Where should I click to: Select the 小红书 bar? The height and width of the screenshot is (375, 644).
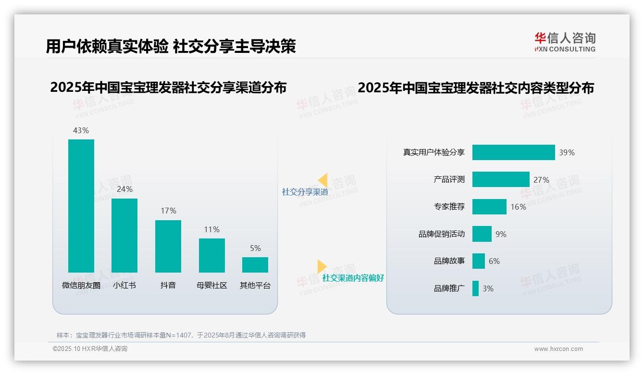click(124, 236)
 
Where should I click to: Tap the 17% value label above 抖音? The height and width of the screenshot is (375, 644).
click(168, 211)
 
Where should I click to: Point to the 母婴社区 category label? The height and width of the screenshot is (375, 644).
click(211, 285)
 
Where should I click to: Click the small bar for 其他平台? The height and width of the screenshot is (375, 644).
click(255, 265)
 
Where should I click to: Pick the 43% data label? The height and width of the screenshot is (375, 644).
click(81, 130)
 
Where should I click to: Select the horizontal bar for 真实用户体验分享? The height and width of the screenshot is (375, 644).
click(513, 152)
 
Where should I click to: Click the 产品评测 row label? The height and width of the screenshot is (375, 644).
click(449, 179)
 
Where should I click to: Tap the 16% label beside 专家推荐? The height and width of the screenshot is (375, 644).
click(518, 207)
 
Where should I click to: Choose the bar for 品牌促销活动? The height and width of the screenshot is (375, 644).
click(482, 234)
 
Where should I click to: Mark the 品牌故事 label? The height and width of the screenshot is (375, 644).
click(449, 261)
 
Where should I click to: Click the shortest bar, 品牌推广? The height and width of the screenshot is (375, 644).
click(475, 288)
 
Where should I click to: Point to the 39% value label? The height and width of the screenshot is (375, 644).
click(567, 152)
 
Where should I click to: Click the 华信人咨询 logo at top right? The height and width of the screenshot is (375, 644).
click(565, 42)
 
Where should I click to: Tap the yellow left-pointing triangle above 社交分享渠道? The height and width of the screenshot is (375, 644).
click(322, 180)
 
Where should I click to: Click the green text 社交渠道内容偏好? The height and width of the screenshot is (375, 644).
click(353, 278)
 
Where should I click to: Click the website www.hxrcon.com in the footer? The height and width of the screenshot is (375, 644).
click(558, 349)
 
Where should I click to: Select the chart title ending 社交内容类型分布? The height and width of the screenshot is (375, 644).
click(476, 88)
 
